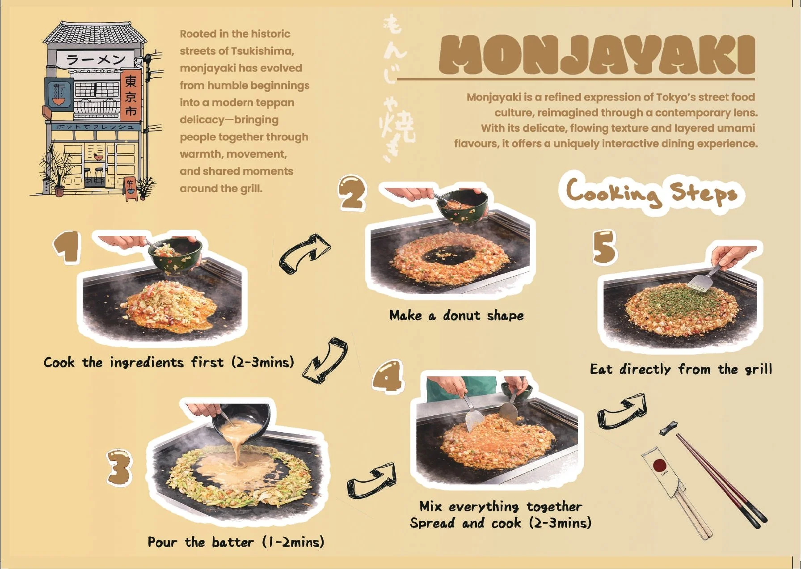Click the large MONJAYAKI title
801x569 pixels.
(597, 55)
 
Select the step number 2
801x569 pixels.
(352, 193)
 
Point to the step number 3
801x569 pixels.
(119, 467)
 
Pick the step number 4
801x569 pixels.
(388, 376)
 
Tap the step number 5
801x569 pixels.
(604, 247)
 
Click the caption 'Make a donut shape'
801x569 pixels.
(456, 316)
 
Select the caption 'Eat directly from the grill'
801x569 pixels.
(681, 369)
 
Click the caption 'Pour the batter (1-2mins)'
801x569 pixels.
(236, 542)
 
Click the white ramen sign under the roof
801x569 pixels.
(96, 59)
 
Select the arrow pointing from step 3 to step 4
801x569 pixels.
(372, 481)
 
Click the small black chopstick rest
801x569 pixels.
(669, 428)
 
